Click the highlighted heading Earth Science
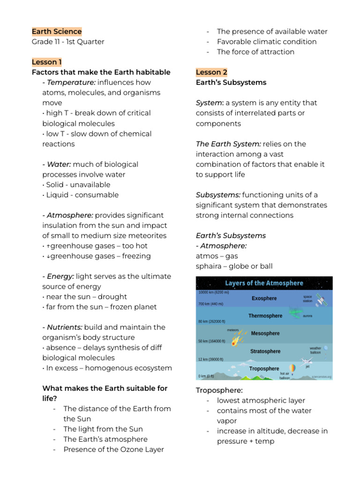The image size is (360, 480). (57, 31)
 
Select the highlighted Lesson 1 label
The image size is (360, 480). (47, 62)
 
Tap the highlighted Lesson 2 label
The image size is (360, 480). (211, 72)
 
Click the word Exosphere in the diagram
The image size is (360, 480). (264, 299)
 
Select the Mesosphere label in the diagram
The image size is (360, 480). (265, 334)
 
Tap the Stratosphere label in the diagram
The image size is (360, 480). (265, 352)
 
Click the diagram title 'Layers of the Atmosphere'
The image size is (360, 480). (264, 284)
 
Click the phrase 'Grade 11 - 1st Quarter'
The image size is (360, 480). (68, 42)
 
